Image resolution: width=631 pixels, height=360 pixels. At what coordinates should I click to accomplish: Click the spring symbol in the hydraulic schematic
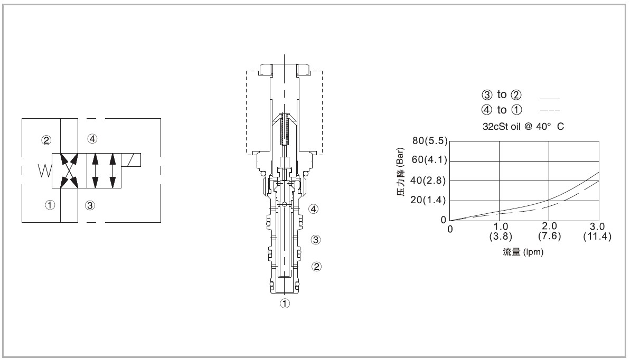pyautogui.click(x=45, y=170)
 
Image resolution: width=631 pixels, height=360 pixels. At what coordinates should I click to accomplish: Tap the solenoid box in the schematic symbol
pyautogui.click(x=131, y=160)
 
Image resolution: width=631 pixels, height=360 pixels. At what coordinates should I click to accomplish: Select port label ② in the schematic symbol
pyautogui.click(x=46, y=140)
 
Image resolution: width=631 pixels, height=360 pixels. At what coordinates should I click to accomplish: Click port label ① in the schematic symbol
pyautogui.click(x=50, y=205)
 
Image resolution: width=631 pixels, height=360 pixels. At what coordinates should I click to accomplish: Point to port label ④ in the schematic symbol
pyautogui.click(x=92, y=139)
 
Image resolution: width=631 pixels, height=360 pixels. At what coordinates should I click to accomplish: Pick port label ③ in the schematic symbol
pyautogui.click(x=90, y=205)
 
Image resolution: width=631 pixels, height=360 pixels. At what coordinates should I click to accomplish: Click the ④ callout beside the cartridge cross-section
pyautogui.click(x=314, y=209)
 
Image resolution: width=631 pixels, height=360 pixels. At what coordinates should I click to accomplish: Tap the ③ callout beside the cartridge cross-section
pyautogui.click(x=316, y=240)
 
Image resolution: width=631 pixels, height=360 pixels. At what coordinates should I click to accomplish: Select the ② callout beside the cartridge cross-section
pyautogui.click(x=317, y=266)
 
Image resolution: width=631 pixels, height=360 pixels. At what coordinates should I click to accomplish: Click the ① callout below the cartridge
pyautogui.click(x=285, y=304)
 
